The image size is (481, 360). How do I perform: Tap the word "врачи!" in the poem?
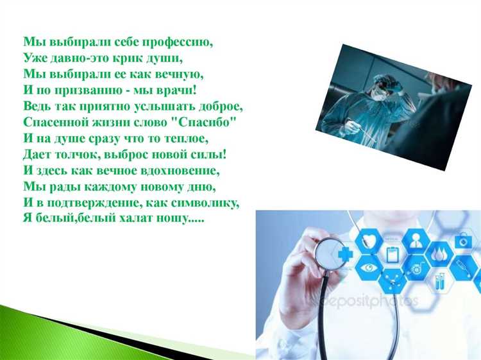176,89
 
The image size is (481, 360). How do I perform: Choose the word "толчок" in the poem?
78,155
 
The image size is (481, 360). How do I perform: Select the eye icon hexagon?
368,267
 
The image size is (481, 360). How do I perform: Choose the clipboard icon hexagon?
391,253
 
